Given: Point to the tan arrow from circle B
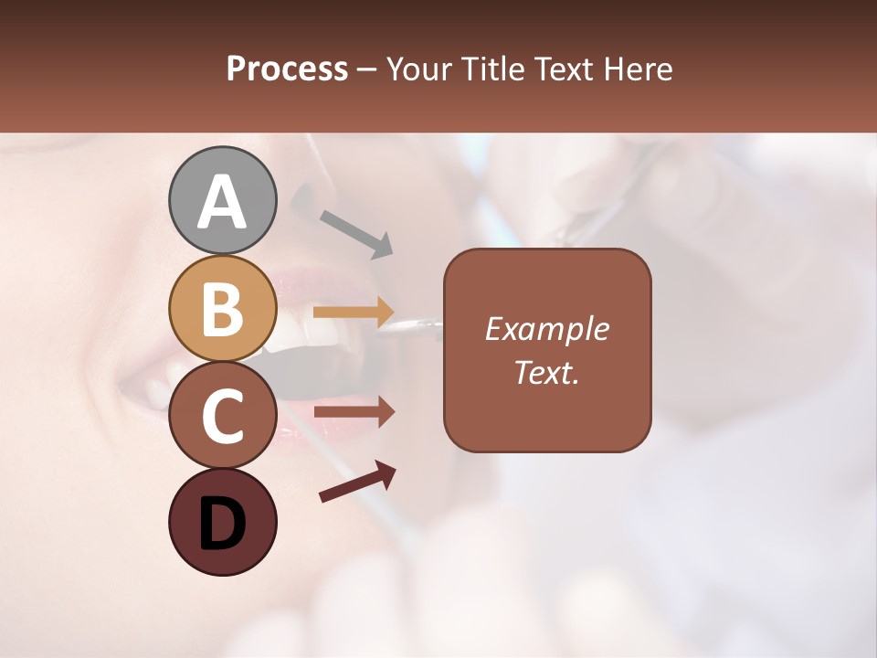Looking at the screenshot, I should [354, 312].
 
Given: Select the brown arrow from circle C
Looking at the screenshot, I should [354, 412].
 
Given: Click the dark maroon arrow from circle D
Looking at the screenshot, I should [357, 482].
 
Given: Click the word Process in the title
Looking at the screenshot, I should [287, 69].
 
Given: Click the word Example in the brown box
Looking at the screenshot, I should [546, 329].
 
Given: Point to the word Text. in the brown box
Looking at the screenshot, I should [546, 372].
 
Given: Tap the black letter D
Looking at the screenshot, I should [222, 525].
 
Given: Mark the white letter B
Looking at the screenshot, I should [222, 310].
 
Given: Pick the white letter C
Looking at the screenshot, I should [222, 417].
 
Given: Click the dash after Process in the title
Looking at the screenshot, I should [367, 69].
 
